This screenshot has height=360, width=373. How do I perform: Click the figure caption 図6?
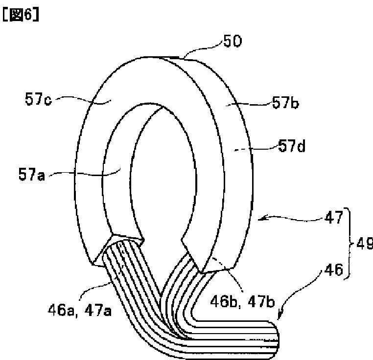click(x=21, y=14)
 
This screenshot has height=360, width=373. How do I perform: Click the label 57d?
click(x=291, y=145)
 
